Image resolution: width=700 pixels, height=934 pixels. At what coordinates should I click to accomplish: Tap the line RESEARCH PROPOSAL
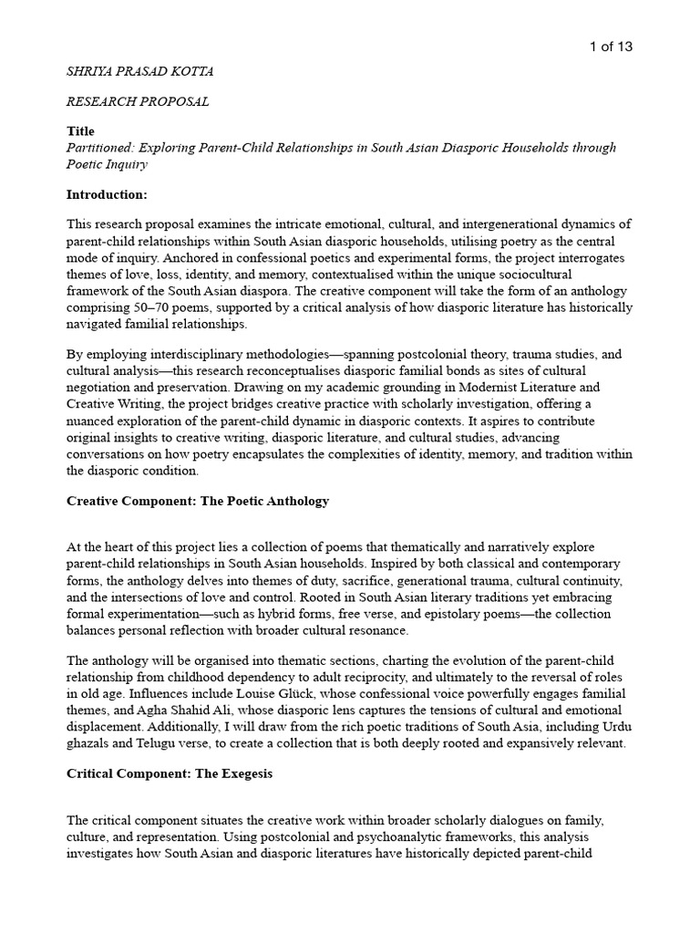coord(138,102)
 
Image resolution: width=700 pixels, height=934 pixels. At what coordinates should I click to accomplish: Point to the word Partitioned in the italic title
coord(101,147)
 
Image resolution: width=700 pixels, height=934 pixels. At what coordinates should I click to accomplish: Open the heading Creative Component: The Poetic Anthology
coord(198,501)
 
